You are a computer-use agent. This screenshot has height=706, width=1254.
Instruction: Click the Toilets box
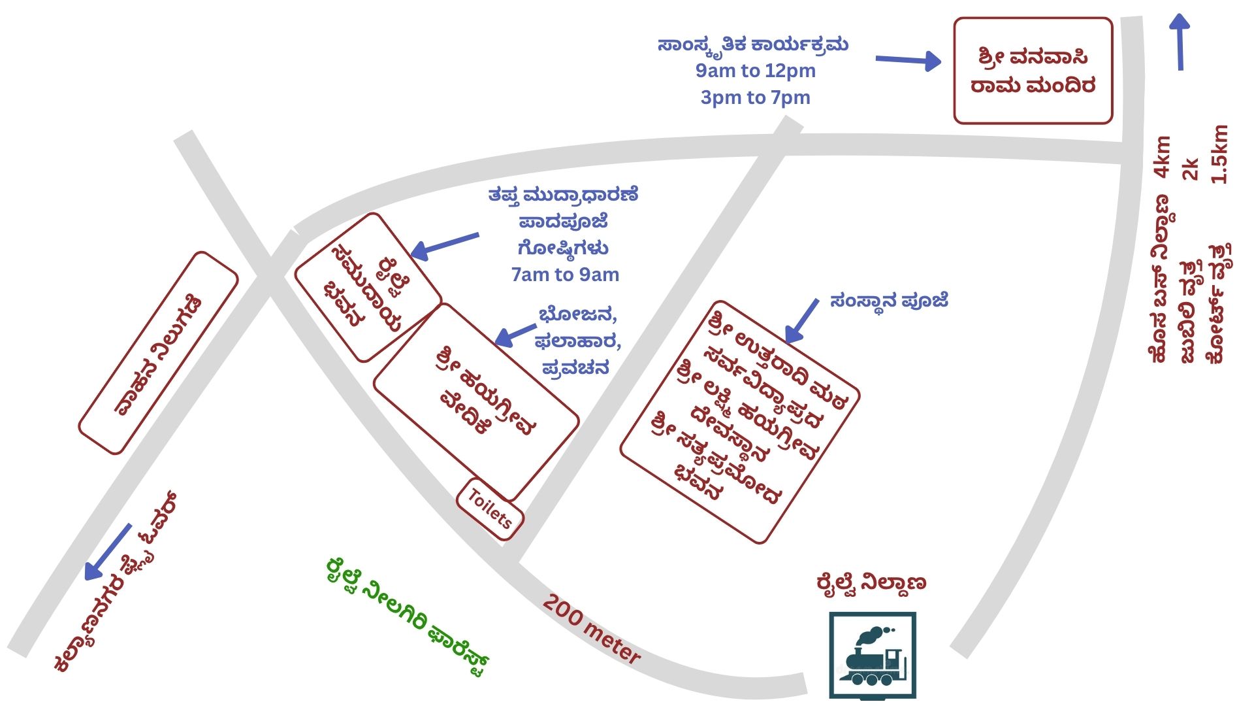(x=490, y=509)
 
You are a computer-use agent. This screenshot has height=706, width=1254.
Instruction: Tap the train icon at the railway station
(x=873, y=656)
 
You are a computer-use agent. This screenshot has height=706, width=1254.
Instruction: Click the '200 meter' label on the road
(x=592, y=630)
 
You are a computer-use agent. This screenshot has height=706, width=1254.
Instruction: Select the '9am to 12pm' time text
(x=756, y=71)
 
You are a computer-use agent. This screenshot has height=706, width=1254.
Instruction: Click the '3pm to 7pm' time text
(x=756, y=97)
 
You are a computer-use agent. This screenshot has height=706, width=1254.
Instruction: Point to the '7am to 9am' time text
(x=565, y=275)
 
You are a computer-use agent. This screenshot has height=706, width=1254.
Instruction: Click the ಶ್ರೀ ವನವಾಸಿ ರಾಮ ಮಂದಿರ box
(x=1033, y=71)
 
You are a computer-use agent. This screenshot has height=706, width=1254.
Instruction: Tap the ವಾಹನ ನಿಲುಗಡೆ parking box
(x=158, y=353)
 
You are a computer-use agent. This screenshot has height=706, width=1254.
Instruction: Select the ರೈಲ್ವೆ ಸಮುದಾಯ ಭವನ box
(x=368, y=288)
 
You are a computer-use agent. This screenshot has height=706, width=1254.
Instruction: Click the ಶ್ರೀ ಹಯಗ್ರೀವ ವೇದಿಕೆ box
(x=476, y=402)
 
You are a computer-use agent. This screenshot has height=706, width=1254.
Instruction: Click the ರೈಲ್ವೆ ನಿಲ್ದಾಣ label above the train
(x=871, y=582)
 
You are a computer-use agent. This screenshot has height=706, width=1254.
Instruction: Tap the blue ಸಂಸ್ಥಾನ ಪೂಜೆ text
(x=889, y=301)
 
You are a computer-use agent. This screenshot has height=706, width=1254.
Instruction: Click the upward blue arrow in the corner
(x=1180, y=42)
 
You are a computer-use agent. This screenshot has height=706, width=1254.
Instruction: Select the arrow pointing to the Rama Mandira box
(x=908, y=61)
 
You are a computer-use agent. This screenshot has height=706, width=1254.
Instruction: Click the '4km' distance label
(x=1163, y=157)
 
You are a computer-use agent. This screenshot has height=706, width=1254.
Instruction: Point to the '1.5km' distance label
(x=1219, y=154)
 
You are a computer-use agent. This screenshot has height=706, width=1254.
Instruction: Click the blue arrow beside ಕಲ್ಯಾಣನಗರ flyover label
(x=108, y=552)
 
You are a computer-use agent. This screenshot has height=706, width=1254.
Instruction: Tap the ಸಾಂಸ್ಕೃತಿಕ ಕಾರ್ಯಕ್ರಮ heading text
(x=753, y=44)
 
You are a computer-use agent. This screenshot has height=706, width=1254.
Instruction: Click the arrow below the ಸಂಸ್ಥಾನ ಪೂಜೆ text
(x=801, y=321)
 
